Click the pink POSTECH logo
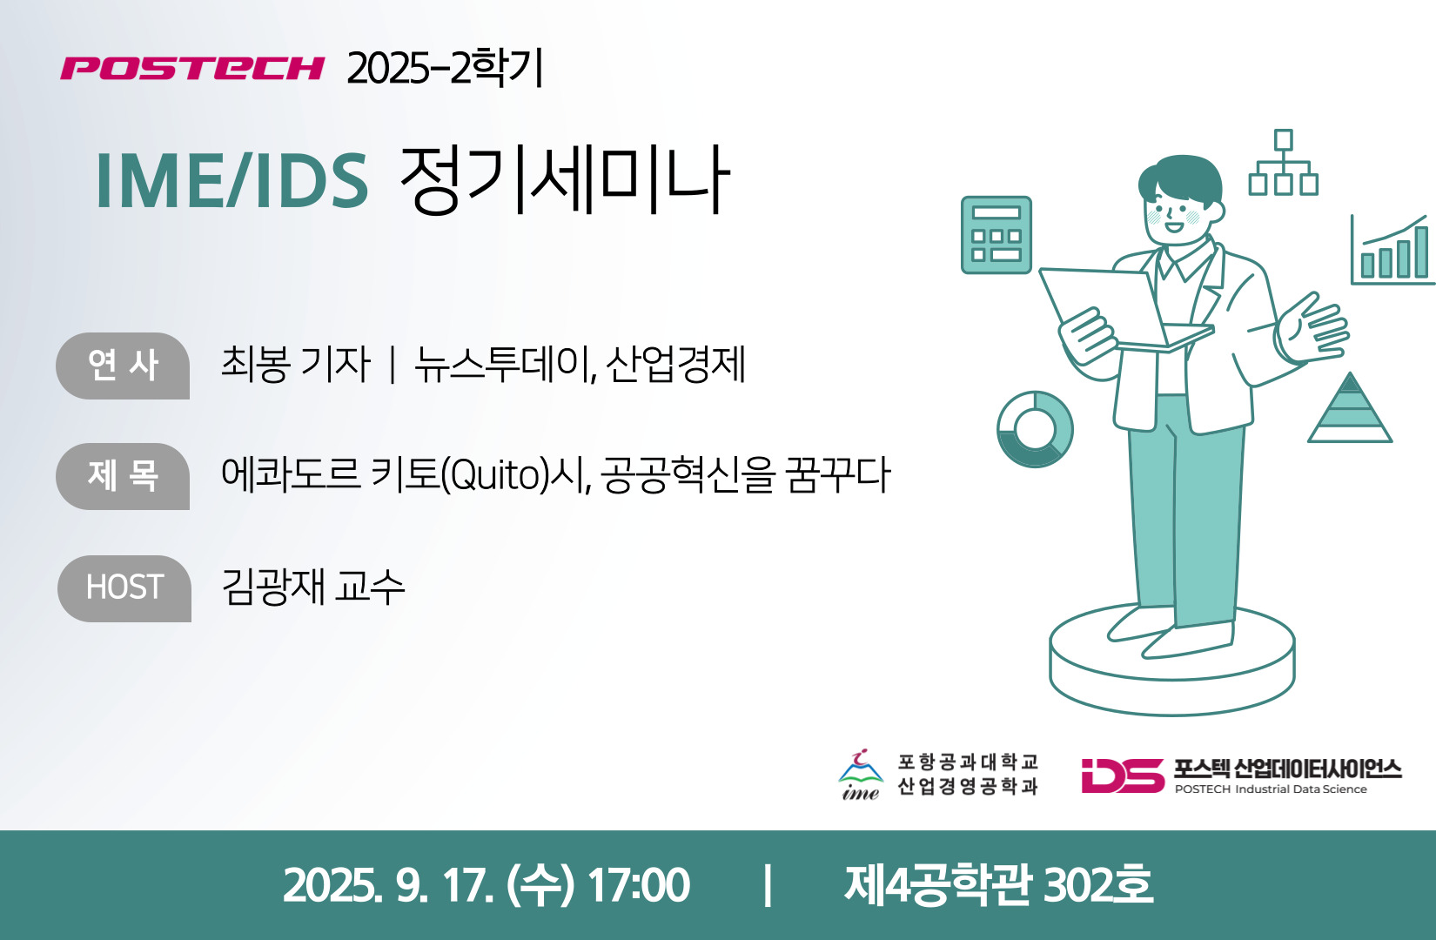pyautogui.click(x=192, y=68)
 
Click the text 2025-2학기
pyautogui.click(x=445, y=68)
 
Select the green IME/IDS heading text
pyautogui.click(x=232, y=181)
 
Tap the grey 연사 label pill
pyautogui.click(x=123, y=366)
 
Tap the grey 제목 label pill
pyautogui.click(x=123, y=476)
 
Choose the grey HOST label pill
pyautogui.click(x=124, y=588)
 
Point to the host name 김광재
pyautogui.click(x=272, y=587)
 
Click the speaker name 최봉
pyautogui.click(x=254, y=364)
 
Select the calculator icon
pyautogui.click(x=996, y=235)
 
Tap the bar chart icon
pyautogui.click(x=1392, y=250)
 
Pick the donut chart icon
pyautogui.click(x=1035, y=429)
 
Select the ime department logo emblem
pyautogui.click(x=861, y=774)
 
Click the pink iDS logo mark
pyautogui.click(x=1123, y=775)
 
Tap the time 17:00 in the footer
pyautogui.click(x=639, y=885)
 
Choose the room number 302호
pyautogui.click(x=1098, y=885)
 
